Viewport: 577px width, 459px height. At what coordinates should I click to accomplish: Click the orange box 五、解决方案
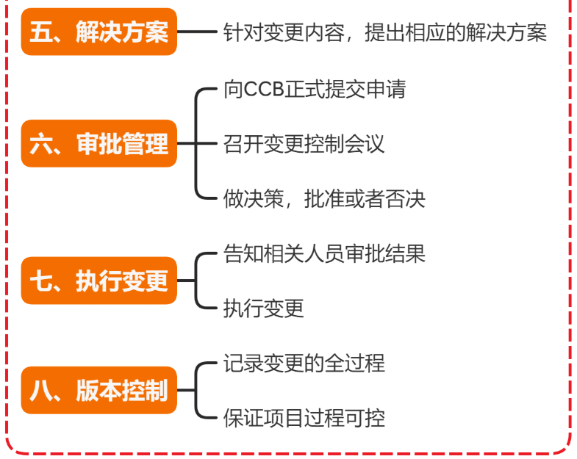point(98,32)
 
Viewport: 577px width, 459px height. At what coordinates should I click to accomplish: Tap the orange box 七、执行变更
point(98,281)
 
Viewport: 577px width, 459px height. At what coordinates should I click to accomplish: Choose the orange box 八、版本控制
point(98,390)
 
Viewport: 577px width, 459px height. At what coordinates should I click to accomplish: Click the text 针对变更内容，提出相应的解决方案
point(385,33)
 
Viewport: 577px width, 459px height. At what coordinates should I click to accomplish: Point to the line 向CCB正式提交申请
point(315,89)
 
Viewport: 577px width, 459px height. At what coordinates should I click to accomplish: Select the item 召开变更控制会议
point(304,144)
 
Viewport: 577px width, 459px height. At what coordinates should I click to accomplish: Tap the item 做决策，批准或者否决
point(324,198)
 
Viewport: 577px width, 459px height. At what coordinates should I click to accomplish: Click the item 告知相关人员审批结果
point(324,253)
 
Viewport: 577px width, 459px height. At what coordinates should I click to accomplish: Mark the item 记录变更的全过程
point(304,363)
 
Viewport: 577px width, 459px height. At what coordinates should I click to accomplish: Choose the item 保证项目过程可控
point(304,418)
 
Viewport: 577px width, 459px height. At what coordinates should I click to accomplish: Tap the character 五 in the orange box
point(39,32)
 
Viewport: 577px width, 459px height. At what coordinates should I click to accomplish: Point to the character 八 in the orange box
point(39,390)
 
